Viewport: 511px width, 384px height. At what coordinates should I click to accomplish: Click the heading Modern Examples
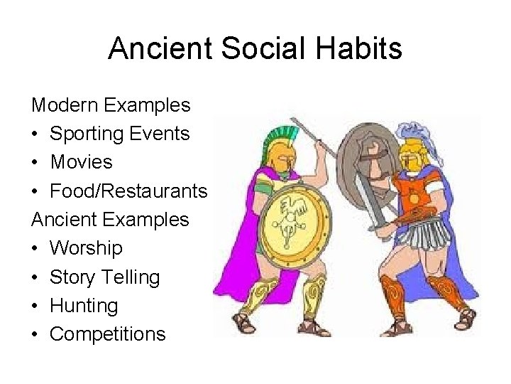[x=111, y=105]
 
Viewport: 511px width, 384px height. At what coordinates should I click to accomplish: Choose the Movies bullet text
[x=81, y=162]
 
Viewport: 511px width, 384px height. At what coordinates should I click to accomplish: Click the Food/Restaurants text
[x=128, y=191]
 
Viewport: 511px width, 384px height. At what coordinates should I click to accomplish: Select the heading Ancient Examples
[x=110, y=219]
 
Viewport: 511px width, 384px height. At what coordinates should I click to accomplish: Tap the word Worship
[x=86, y=248]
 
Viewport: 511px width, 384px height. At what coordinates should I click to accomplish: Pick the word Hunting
[x=84, y=306]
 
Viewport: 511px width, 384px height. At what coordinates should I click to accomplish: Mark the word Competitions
[x=107, y=334]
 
